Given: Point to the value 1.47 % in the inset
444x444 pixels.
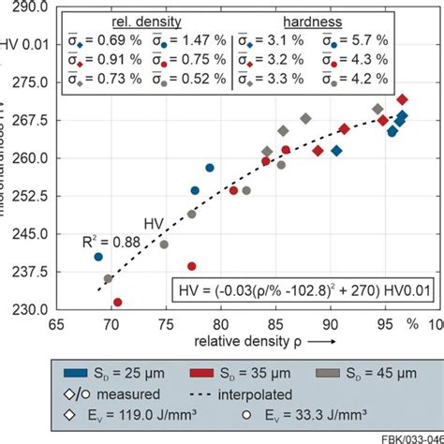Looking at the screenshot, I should point(199,42).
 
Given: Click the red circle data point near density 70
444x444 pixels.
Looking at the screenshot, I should point(118,303).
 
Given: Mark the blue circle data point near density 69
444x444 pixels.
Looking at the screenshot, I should point(98,257).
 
